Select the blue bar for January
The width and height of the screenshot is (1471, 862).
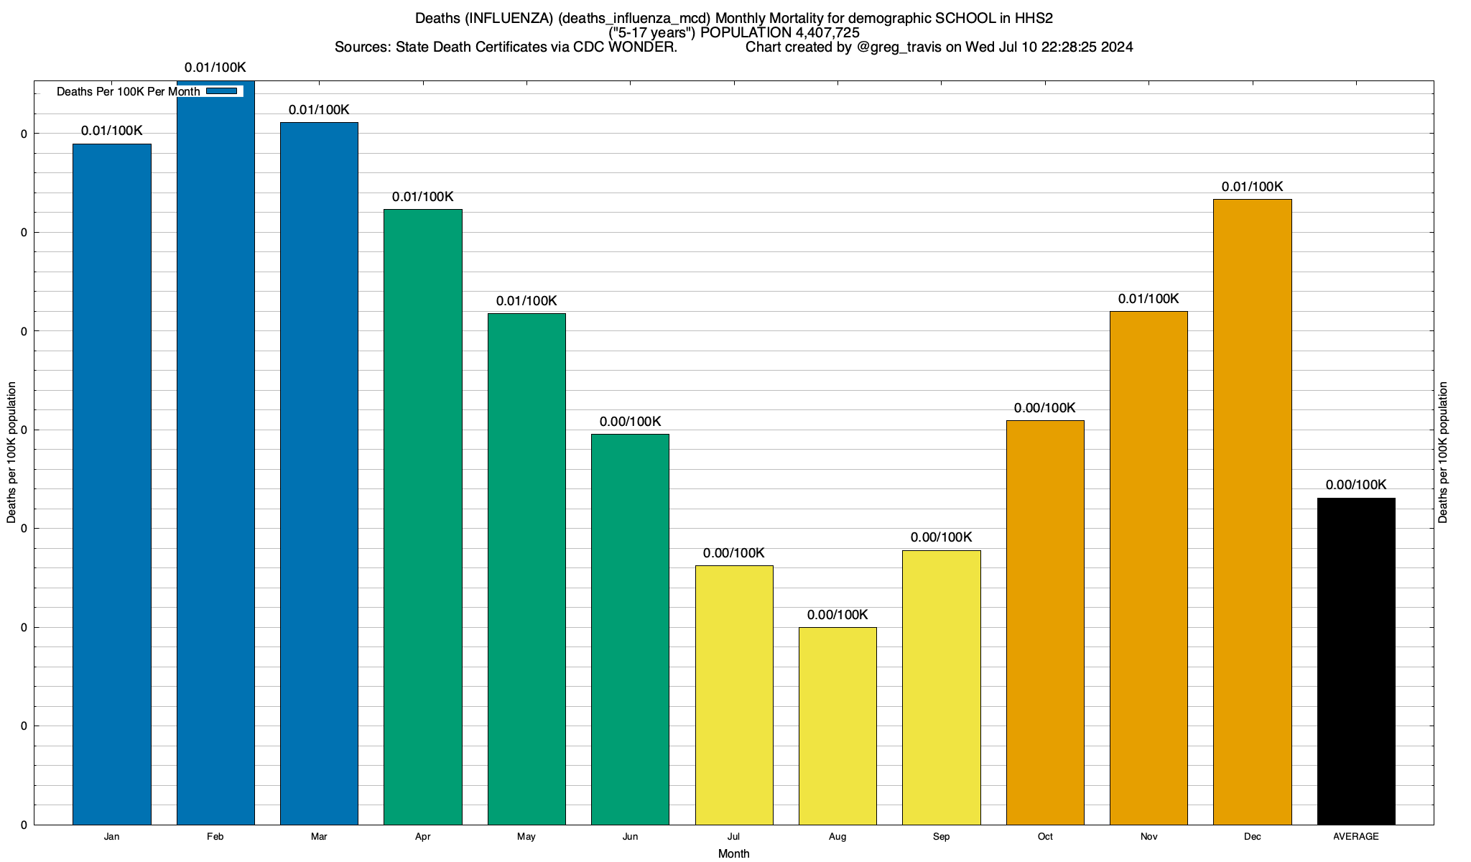[112, 484]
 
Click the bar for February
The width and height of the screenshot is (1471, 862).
[215, 453]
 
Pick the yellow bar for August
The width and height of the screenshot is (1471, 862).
[837, 726]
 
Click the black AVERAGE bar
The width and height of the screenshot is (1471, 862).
[1356, 661]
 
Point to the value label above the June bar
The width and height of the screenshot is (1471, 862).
[630, 422]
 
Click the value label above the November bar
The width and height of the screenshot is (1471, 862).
[1149, 299]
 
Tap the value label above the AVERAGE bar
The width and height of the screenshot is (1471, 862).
[1356, 485]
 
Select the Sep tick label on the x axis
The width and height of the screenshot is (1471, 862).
[941, 837]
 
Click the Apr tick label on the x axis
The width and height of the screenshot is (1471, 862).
[423, 837]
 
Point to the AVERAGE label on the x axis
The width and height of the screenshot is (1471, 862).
[1356, 837]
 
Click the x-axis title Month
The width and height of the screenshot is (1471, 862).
[733, 853]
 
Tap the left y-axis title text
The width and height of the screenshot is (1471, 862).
[11, 453]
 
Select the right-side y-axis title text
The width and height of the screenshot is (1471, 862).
[1444, 453]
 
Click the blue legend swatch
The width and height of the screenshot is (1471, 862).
[221, 91]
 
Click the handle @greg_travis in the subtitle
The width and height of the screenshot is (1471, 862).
[899, 47]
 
